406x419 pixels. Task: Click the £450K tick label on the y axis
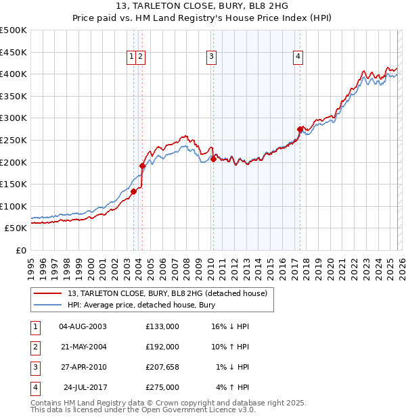(14, 52)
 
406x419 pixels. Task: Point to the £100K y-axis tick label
(14, 206)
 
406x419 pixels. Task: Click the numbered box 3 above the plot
(212, 57)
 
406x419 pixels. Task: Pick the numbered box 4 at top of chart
(298, 57)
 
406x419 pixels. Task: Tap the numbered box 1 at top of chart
(131, 57)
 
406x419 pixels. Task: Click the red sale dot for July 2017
(300, 129)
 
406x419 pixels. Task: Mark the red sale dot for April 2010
(213, 159)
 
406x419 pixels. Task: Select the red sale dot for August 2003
(133, 191)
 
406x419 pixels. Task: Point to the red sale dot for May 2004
(142, 166)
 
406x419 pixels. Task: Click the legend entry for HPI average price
(141, 305)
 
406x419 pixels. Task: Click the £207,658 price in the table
(162, 367)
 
